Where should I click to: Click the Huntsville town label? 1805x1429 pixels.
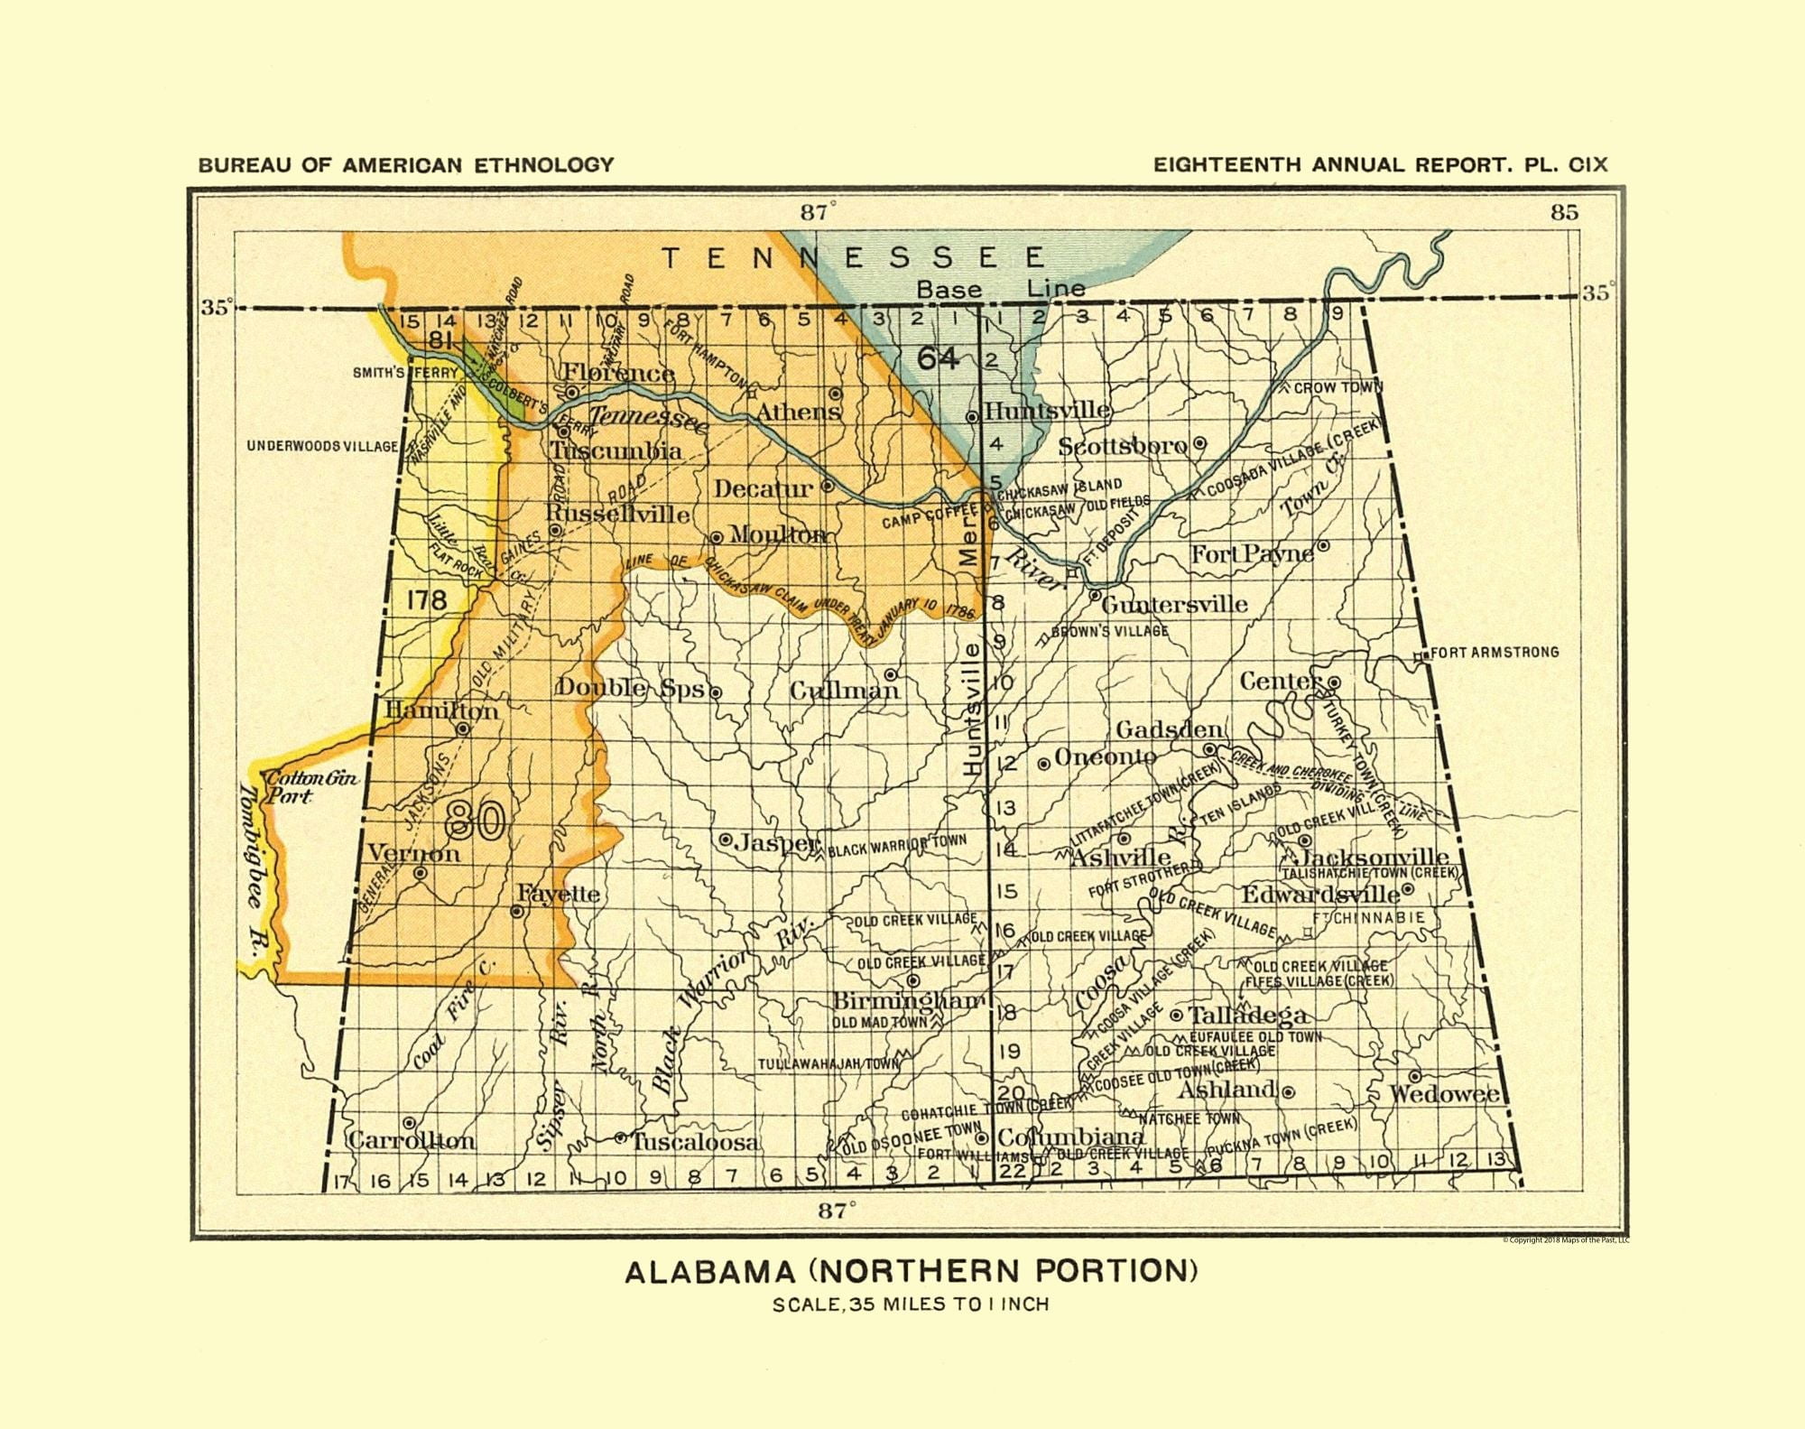point(1047,411)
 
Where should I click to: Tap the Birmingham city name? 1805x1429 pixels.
point(908,1000)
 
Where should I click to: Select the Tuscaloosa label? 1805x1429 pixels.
point(696,1142)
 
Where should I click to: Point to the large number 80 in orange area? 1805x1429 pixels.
point(475,820)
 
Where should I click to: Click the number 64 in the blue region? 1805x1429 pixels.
point(938,358)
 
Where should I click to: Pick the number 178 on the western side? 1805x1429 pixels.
point(426,599)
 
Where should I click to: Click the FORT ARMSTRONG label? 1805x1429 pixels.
point(1494,652)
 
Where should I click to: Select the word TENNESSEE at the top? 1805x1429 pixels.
point(854,258)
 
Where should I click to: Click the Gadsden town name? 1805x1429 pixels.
point(1170,729)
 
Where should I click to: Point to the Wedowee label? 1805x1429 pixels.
point(1445,1094)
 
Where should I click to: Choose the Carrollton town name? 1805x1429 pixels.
point(412,1140)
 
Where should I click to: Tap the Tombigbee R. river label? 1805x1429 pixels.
point(252,871)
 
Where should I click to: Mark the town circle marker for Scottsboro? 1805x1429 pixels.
point(1199,443)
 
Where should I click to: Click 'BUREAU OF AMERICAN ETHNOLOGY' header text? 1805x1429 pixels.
point(406,165)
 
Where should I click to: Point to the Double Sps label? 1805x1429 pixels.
point(630,688)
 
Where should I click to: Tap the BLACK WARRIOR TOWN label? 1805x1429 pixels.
point(896,845)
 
